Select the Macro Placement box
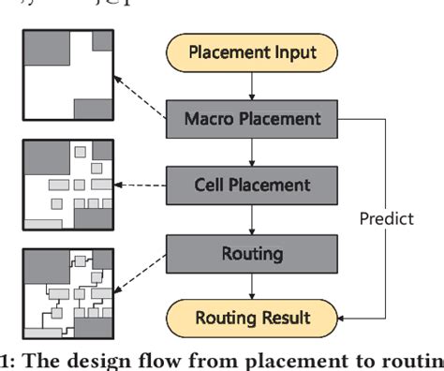[251, 118]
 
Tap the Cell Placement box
[251, 184]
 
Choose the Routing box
[251, 250]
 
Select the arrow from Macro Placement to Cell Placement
[251, 151]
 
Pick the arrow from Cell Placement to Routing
[251, 217]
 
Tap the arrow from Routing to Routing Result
[251, 283]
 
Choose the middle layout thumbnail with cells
[65, 184]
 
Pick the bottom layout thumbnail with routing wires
[65, 291]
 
